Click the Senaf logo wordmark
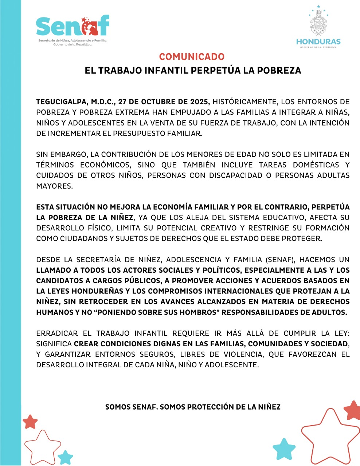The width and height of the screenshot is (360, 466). [x=73, y=26]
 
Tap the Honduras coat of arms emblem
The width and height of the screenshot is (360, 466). [x=318, y=23]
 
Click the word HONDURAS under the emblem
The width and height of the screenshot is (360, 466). [x=318, y=42]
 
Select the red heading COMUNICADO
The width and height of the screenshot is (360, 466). [x=192, y=57]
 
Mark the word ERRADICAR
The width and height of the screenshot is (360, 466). [x=57, y=333]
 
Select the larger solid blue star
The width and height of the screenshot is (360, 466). [x=284, y=449]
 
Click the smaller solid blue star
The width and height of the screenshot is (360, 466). [x=66, y=457]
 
